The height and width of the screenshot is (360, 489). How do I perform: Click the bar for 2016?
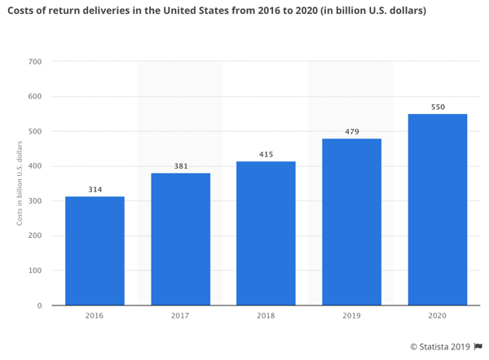point(95,251)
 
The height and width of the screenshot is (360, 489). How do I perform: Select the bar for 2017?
point(180,239)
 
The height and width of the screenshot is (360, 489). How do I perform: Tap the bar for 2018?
point(266,234)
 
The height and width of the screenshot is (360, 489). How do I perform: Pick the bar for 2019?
point(351,222)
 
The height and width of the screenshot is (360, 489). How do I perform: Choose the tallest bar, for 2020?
point(438,210)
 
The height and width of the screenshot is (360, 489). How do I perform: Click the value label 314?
point(95,190)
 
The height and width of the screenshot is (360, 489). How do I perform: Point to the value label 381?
point(180,166)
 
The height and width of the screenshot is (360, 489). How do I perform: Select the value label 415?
point(266,155)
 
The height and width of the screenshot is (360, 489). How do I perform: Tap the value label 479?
point(351,132)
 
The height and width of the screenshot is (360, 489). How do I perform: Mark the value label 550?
point(438,107)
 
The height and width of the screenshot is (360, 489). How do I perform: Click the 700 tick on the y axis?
point(34,62)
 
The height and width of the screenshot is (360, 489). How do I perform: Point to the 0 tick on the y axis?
point(39,305)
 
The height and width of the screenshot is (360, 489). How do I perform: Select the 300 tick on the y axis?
point(34,201)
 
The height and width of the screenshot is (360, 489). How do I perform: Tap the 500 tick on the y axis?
point(34,132)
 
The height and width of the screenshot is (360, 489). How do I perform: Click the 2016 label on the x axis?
point(95,316)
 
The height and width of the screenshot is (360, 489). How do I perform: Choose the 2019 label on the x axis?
point(351,316)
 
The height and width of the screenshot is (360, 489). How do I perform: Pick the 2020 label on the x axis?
point(438,316)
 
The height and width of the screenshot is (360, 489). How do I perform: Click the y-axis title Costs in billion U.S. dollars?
point(19,184)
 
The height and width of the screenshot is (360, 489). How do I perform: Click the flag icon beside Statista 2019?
point(478,346)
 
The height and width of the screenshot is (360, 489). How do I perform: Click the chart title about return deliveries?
point(216,11)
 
